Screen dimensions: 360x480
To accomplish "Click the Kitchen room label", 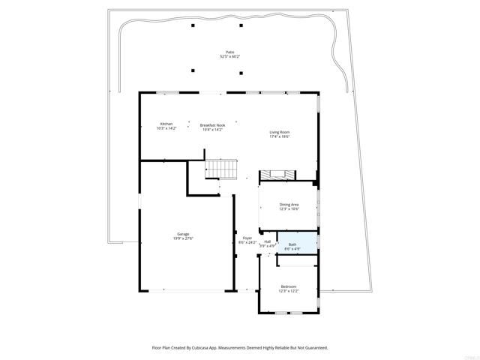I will pos(166,124).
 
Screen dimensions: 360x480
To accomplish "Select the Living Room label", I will pos(280,133).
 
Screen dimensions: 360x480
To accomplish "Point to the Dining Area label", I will pos(289,204).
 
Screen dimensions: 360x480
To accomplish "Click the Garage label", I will pos(183,234).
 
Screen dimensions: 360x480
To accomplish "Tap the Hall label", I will pos(268,241).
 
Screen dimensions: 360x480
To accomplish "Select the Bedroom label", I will pos(289,286).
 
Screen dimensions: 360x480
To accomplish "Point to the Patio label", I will pos(229,52).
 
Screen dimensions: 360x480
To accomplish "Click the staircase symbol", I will pos(221,169).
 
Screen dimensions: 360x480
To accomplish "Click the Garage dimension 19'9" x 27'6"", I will pos(183,238).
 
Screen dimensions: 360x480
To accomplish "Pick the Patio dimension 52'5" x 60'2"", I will pos(229,56).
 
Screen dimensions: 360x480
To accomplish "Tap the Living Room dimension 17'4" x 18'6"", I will pos(280,137).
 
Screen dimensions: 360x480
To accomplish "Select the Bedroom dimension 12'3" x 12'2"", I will pos(289,291).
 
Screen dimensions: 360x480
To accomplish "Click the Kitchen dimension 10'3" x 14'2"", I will pos(166,129).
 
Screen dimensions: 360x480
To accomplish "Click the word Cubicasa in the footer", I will pos(209,348).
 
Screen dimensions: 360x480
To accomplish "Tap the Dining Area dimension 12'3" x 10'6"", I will pos(289,208).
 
